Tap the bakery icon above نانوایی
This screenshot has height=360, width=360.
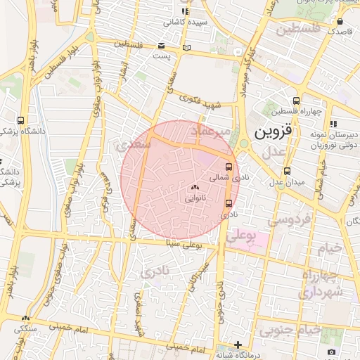(195, 187)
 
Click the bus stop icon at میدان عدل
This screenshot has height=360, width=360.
(287, 171)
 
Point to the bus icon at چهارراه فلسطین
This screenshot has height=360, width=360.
(297, 101)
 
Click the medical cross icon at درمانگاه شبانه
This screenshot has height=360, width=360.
(239, 345)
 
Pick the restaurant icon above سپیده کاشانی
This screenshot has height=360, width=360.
(185, 12)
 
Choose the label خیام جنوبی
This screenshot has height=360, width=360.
(290, 329)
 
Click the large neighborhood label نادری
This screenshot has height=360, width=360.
(156, 271)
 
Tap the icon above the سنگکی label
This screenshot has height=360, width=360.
(27, 318)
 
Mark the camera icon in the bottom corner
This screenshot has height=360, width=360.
(331, 352)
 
